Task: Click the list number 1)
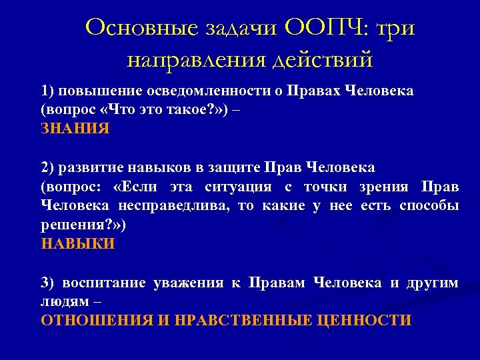click(49, 91)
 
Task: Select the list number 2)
click(49, 167)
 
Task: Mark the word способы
click(429, 205)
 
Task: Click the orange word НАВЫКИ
click(78, 244)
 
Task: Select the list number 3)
click(49, 283)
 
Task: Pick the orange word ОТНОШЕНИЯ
click(97, 321)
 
